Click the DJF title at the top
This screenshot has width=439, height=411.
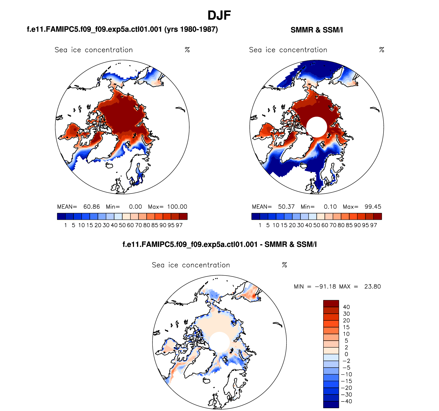tap(219, 15)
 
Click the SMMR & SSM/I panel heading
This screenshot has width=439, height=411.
tap(317, 30)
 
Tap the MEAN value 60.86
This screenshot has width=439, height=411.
tap(91, 207)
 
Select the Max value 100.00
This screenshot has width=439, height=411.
tap(177, 207)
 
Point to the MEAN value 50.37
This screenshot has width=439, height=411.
tap(286, 207)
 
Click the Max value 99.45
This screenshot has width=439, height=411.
tap(373, 207)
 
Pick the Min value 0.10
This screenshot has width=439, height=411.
tap(330, 207)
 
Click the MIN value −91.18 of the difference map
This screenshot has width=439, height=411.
tap(325, 286)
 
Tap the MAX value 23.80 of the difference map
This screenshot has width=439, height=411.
tap(373, 286)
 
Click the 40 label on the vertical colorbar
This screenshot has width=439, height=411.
tap(346, 307)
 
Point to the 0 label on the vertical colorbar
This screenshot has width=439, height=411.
tap(346, 354)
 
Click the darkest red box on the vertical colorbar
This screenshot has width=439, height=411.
tap(331, 303)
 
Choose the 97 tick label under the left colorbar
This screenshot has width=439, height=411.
tap(179, 225)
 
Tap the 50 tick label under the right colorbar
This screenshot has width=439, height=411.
tap(317, 225)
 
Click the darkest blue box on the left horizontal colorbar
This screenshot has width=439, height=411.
tap(61, 216)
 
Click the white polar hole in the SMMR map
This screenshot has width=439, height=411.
tap(317, 127)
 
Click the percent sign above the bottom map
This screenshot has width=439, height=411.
tap(284, 265)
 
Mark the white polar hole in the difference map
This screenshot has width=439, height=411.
tap(219, 342)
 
